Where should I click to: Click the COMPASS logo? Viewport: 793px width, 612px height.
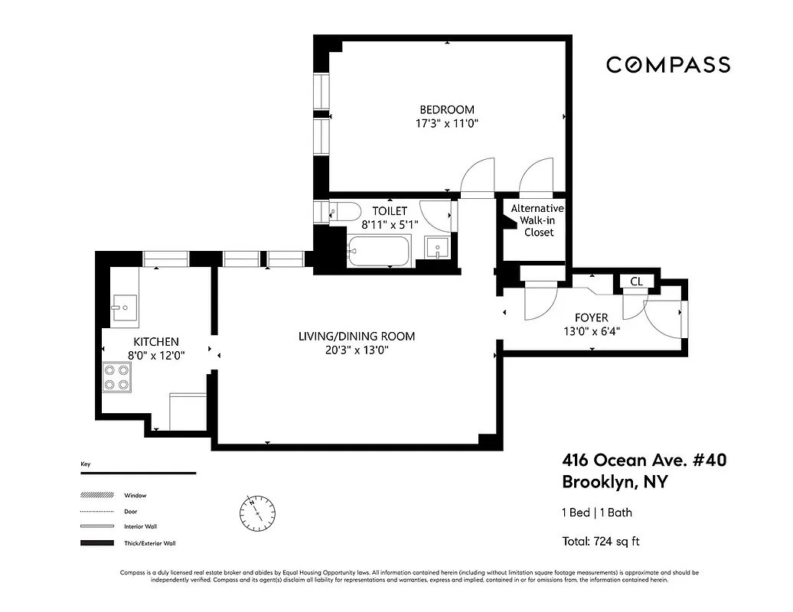pyautogui.click(x=667, y=65)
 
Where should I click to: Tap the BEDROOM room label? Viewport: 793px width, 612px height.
pyautogui.click(x=446, y=109)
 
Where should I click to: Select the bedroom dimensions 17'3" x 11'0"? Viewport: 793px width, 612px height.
pyautogui.click(x=446, y=122)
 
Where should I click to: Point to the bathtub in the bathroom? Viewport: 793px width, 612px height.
pyautogui.click(x=379, y=251)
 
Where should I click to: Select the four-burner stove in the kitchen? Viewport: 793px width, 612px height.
pyautogui.click(x=116, y=377)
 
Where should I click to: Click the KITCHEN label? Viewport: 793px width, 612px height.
pyautogui.click(x=156, y=342)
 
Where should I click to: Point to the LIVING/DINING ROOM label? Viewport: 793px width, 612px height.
pyautogui.click(x=357, y=337)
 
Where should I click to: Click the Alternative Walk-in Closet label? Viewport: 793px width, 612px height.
pyautogui.click(x=537, y=220)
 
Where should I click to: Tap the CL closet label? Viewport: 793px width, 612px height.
pyautogui.click(x=636, y=282)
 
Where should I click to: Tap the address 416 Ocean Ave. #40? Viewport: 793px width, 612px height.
pyautogui.click(x=644, y=461)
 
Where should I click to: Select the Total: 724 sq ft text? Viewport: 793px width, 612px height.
pyautogui.click(x=601, y=542)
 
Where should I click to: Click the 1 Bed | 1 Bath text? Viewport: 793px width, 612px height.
pyautogui.click(x=597, y=513)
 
